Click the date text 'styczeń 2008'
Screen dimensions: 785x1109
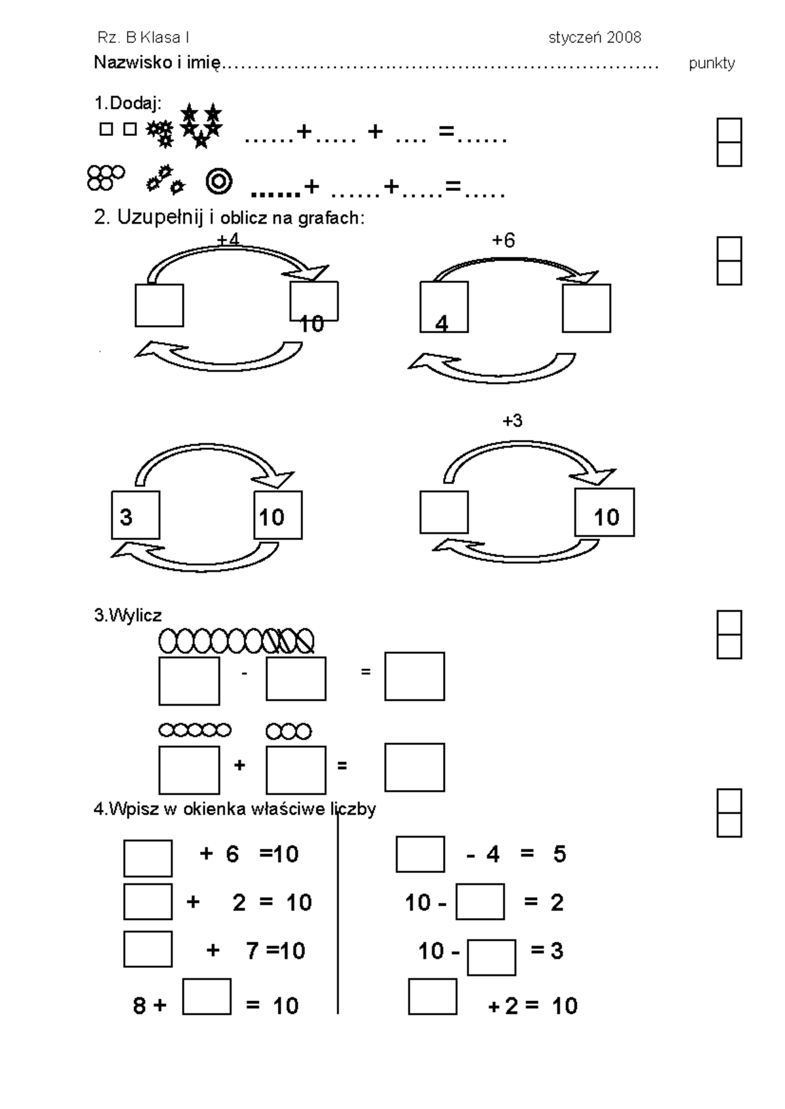595,38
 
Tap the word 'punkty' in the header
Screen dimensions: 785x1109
712,63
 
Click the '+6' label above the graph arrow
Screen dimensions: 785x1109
504,240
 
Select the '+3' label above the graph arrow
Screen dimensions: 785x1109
513,420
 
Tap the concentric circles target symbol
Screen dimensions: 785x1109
219,181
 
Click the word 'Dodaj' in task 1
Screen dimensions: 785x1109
133,103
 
